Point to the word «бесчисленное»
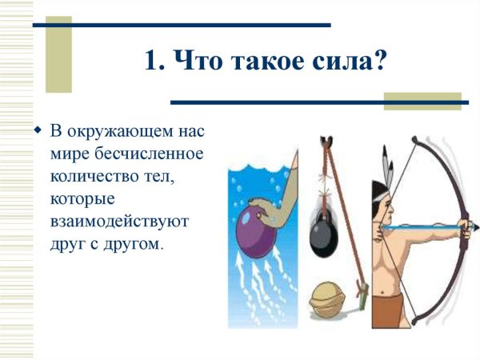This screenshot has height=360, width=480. pyautogui.click(x=161, y=152)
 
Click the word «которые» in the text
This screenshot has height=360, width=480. pyautogui.click(x=82, y=198)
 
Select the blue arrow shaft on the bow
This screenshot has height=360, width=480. pyautogui.click(x=416, y=227)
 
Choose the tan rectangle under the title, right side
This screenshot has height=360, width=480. pyautogui.click(x=422, y=101)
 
